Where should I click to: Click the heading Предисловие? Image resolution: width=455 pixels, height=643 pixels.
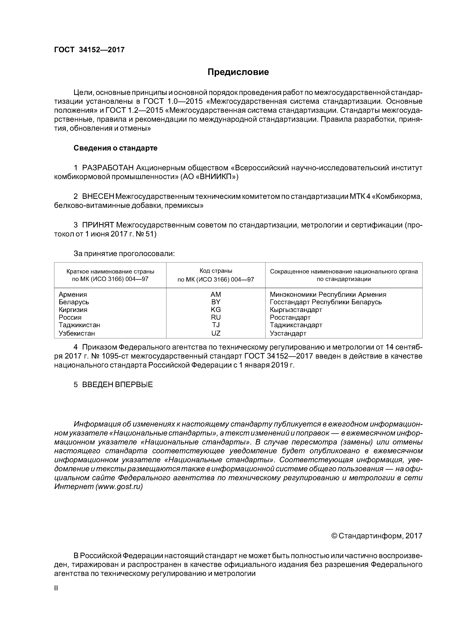(238, 72)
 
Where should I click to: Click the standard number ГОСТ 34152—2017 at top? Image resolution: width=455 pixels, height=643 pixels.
(89, 50)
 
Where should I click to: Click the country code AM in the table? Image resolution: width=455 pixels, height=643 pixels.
(216, 294)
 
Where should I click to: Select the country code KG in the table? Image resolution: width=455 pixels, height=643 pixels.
(216, 309)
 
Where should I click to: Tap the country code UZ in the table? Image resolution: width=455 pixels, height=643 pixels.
(216, 333)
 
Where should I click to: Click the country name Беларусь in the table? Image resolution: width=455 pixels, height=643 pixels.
(74, 302)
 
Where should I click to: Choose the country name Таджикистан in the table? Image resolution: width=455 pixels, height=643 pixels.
(79, 325)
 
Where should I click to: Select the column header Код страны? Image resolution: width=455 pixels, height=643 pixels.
(216, 271)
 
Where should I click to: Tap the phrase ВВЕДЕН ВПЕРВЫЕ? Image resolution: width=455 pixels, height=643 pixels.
(117, 385)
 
